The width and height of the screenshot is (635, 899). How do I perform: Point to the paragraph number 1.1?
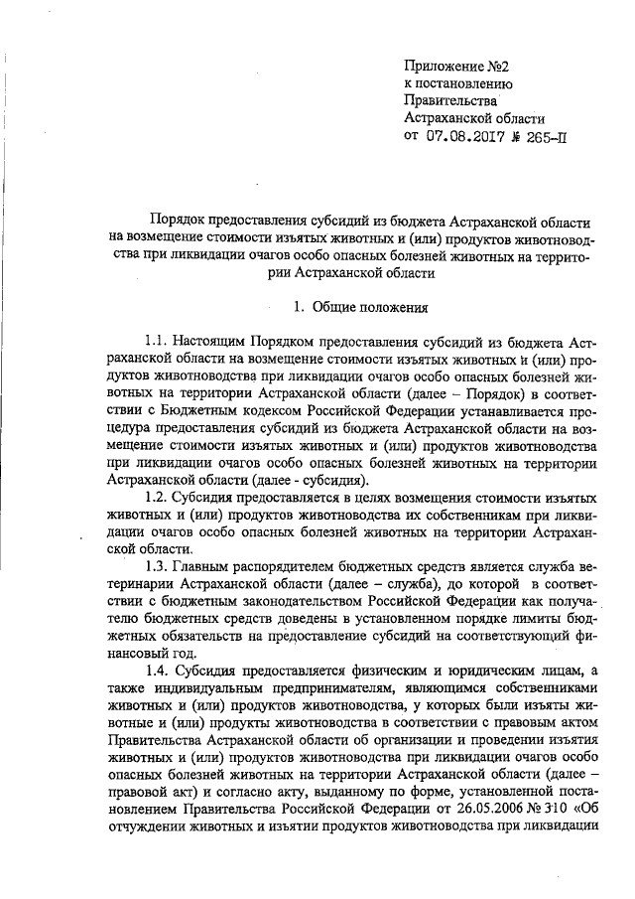pos(158,340)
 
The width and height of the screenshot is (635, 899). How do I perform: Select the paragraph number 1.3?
pos(158,567)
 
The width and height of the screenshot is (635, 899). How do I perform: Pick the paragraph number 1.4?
pos(158,672)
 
